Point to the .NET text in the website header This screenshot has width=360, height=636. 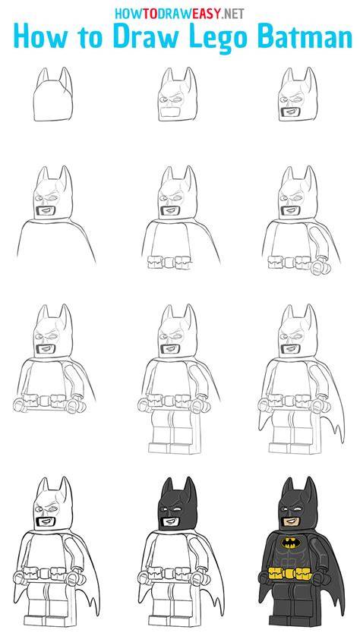tap(232, 14)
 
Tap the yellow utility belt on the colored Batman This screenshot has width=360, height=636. tap(290, 574)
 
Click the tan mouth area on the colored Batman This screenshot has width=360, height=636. tap(292, 520)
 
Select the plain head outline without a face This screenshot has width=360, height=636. tap(54, 95)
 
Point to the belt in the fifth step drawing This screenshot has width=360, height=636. tap(169, 263)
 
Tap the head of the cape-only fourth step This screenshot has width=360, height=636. tap(54, 193)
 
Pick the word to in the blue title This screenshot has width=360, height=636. tap(91, 36)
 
